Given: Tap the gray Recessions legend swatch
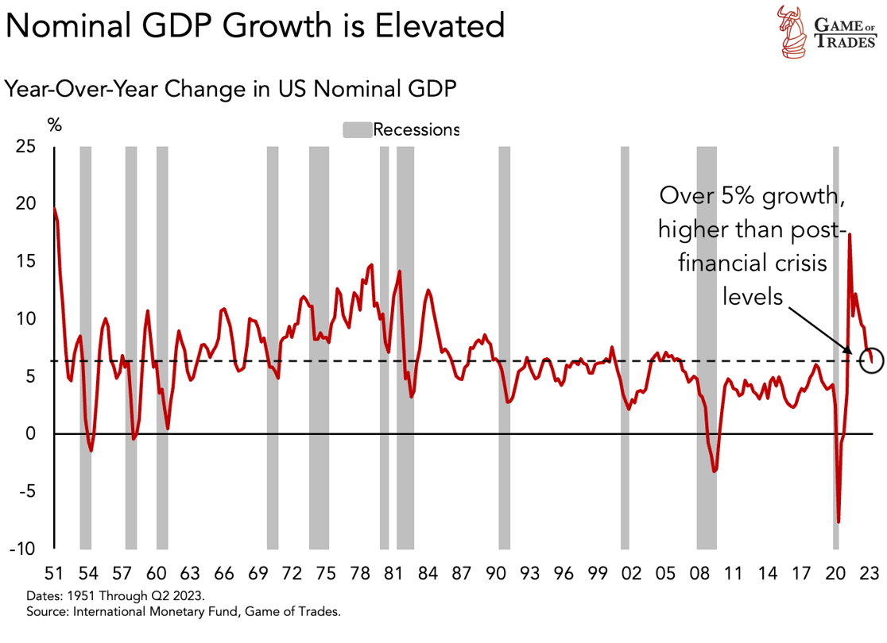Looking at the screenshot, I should coord(357,130).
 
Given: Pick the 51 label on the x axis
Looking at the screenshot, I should coord(53,572).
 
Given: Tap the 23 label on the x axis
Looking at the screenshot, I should coord(868,572).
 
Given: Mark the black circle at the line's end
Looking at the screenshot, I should coord(872,361).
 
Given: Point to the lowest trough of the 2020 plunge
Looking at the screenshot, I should coord(839,522).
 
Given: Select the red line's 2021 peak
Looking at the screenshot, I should coord(850,234).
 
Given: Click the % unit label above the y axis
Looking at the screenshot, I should coord(54,125).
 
